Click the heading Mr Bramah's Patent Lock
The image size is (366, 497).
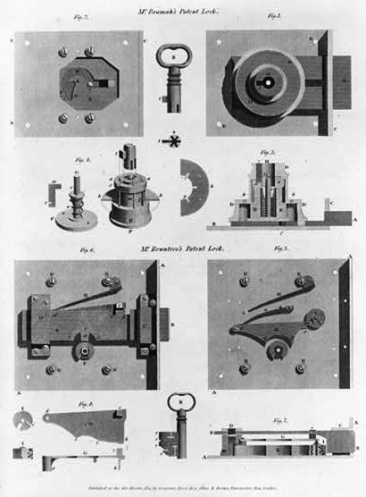click(x=183, y=7)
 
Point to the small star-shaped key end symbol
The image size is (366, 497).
click(x=173, y=140)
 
